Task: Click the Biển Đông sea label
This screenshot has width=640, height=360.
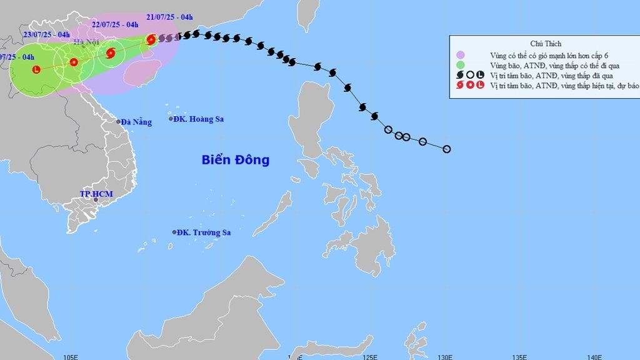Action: click(236, 160)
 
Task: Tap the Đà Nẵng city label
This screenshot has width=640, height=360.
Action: click(136, 122)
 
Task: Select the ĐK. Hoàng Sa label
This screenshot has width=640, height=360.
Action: click(198, 119)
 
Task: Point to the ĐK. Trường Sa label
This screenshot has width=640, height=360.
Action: click(203, 232)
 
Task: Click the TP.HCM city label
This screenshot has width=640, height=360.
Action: click(96, 194)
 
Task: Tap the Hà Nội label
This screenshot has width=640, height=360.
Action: click(87, 42)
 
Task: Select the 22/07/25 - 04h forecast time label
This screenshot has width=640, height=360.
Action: click(115, 24)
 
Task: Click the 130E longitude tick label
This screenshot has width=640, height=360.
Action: click(444, 357)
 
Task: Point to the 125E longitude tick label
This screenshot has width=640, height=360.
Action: click(369, 357)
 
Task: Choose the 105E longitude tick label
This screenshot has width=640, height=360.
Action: click(70, 357)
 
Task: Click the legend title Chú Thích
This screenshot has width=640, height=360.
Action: click(546, 44)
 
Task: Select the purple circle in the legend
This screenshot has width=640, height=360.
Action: click(461, 54)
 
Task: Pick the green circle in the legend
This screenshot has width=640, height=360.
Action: click(461, 64)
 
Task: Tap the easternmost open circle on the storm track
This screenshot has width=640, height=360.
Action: click(446, 149)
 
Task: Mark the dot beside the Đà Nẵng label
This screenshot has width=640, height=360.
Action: click(118, 122)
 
